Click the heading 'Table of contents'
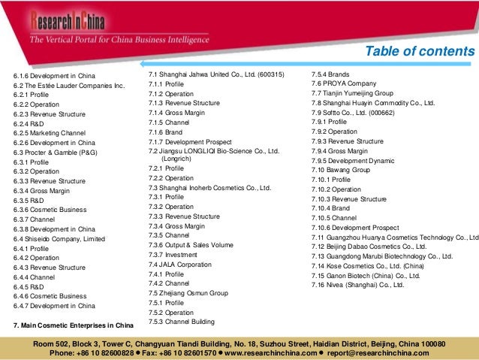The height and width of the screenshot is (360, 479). click(x=419, y=51)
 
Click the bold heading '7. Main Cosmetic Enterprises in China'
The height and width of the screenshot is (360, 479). click(x=74, y=325)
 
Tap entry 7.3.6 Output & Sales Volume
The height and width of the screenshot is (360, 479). click(x=191, y=245)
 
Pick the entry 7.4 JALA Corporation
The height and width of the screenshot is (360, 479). click(x=180, y=265)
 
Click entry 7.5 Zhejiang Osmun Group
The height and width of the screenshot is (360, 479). click(x=188, y=293)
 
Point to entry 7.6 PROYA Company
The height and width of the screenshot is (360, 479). click(x=344, y=83)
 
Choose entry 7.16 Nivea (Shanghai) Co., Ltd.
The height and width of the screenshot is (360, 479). click(x=357, y=285)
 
